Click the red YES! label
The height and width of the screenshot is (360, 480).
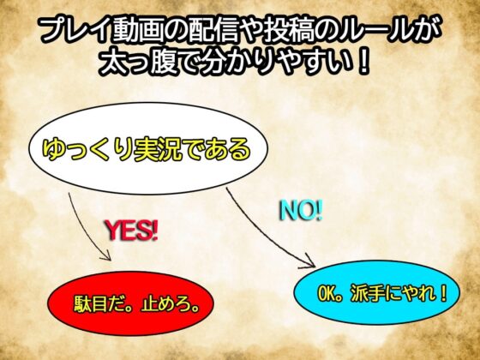coord(133,230)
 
